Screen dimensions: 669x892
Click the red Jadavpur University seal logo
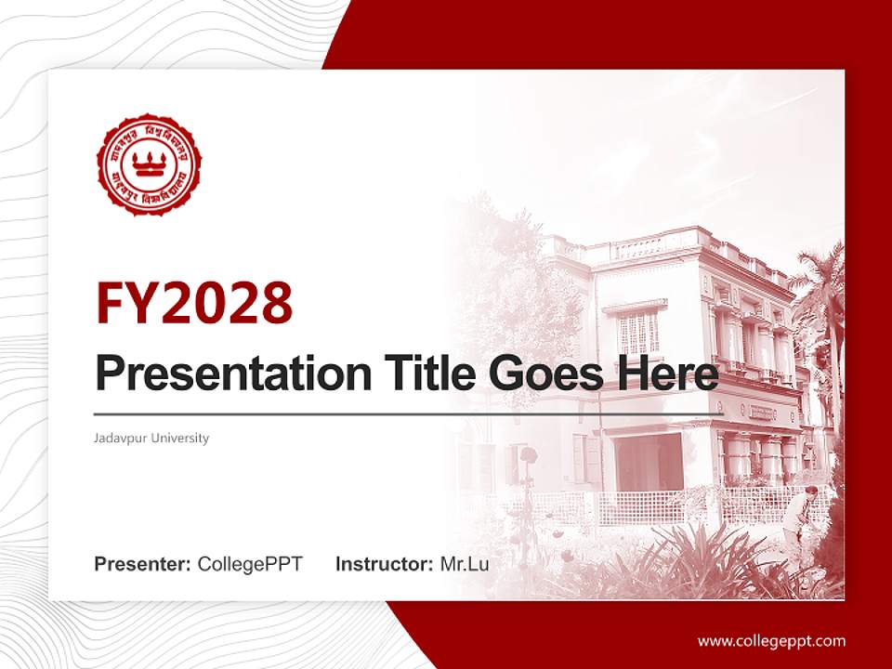point(149,164)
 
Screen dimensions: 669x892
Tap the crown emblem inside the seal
point(149,164)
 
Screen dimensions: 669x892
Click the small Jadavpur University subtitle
point(151,438)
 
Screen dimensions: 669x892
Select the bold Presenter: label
point(143,563)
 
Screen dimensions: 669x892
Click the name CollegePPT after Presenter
point(250,563)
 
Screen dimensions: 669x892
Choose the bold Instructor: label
point(384,563)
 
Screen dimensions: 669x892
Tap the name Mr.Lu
point(465,563)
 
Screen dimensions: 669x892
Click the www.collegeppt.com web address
point(771,640)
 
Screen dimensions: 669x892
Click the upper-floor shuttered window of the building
point(638,331)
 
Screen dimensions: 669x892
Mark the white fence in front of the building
point(650,507)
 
